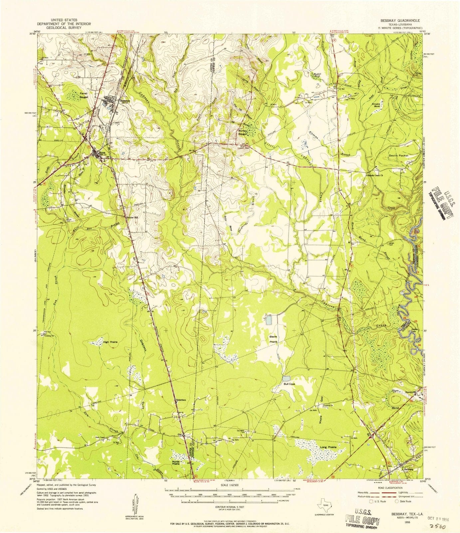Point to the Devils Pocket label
(x=398, y=156)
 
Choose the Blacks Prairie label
(x=273, y=339)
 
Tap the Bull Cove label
(x=290, y=384)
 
